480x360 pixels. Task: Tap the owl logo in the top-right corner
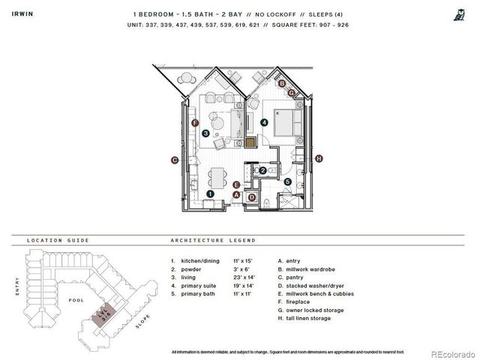457,13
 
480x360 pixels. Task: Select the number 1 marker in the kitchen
211,193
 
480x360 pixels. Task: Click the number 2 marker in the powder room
262,171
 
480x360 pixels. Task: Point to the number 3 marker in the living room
205,133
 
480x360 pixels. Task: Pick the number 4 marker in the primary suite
264,122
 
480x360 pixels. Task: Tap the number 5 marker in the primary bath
287,181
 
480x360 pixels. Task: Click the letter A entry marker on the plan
237,194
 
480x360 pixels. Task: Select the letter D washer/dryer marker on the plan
253,197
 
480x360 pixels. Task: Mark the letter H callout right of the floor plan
319,158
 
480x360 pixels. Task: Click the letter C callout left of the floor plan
174,159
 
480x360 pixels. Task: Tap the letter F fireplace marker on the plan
195,123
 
